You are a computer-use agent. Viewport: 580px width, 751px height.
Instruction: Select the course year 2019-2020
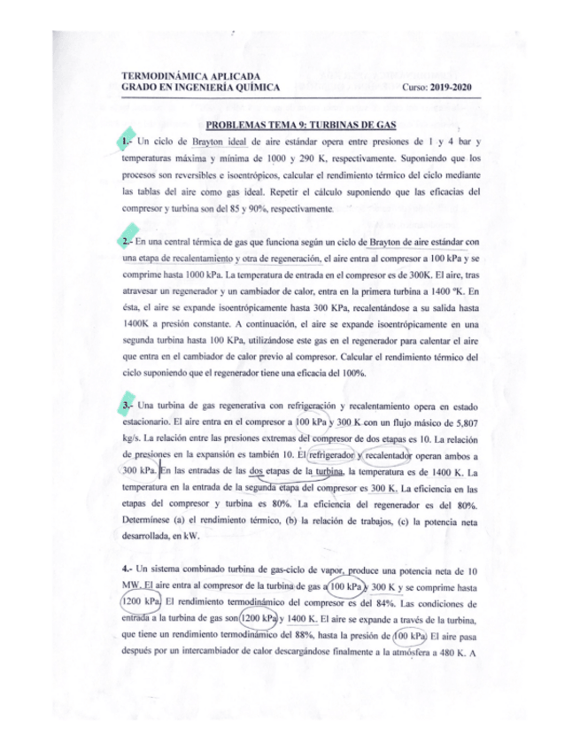[453, 87]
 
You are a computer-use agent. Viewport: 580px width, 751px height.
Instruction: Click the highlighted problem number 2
[128, 241]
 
